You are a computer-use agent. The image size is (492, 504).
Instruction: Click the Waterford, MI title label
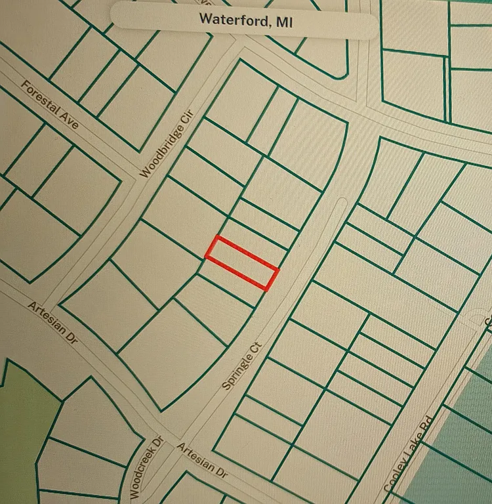pos(245,20)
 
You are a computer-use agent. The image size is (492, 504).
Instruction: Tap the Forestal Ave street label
pos(50,105)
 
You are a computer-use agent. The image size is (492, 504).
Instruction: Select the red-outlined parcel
pos(241,262)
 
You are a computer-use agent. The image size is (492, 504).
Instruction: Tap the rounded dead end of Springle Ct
pos(339,203)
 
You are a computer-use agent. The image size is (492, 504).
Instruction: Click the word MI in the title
pos(283,20)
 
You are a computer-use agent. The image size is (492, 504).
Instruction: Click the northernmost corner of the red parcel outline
pos(218,237)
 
